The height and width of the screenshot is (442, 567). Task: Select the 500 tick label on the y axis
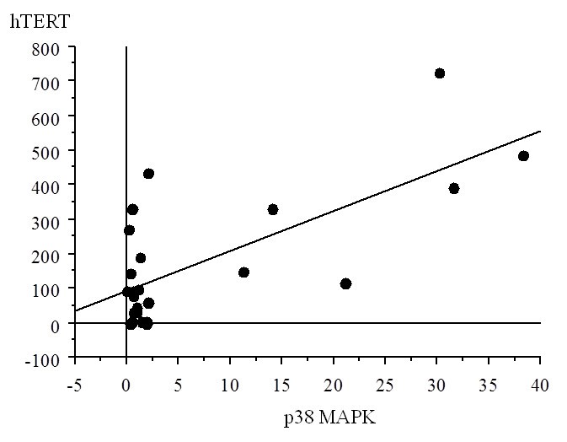[48, 151]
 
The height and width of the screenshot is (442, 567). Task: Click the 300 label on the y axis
[48, 220]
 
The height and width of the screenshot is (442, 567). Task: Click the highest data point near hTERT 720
[439, 73]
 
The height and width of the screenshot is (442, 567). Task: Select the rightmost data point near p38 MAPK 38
[523, 156]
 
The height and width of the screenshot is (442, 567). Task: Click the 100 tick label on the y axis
[48, 289]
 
